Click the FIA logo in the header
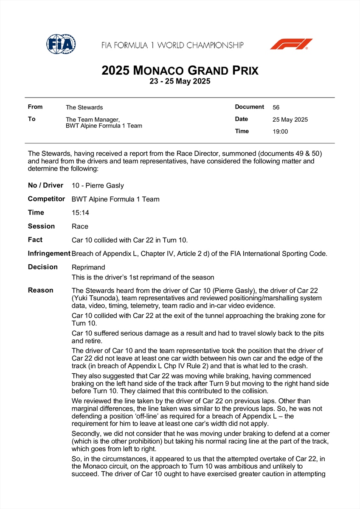point(61,44)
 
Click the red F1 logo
point(291,44)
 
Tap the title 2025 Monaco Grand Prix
point(180,70)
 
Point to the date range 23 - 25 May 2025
point(180,81)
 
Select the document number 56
point(276,107)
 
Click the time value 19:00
point(280,131)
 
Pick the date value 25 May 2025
point(290,120)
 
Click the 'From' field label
point(35,107)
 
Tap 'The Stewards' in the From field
point(84,107)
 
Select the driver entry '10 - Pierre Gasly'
point(98,185)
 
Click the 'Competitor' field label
point(46,199)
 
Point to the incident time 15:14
point(81,213)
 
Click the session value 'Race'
point(80,227)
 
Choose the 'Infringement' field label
point(49,254)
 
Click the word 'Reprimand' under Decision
point(88,267)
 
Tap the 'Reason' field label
point(41,291)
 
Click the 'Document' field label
point(250,107)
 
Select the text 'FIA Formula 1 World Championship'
point(172,45)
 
